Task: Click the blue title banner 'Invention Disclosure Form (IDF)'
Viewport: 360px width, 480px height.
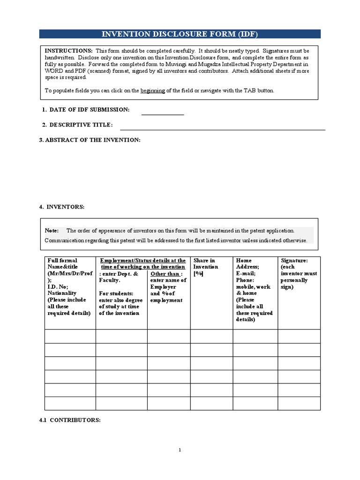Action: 180,34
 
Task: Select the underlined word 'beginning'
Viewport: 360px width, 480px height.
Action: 152,90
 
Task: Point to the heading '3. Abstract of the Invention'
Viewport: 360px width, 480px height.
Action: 90,140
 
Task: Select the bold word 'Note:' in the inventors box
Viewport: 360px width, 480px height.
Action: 52,231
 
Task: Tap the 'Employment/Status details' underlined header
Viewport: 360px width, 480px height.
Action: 143,263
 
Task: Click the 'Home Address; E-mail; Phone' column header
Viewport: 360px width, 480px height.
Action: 255,290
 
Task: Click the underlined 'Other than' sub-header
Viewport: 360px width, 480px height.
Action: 166,274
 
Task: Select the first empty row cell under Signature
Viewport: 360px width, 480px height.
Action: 299,336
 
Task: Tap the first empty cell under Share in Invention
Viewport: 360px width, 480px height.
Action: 211,336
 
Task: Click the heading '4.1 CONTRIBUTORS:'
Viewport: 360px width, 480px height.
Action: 70,420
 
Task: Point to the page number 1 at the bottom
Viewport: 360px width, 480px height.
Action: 180,450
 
